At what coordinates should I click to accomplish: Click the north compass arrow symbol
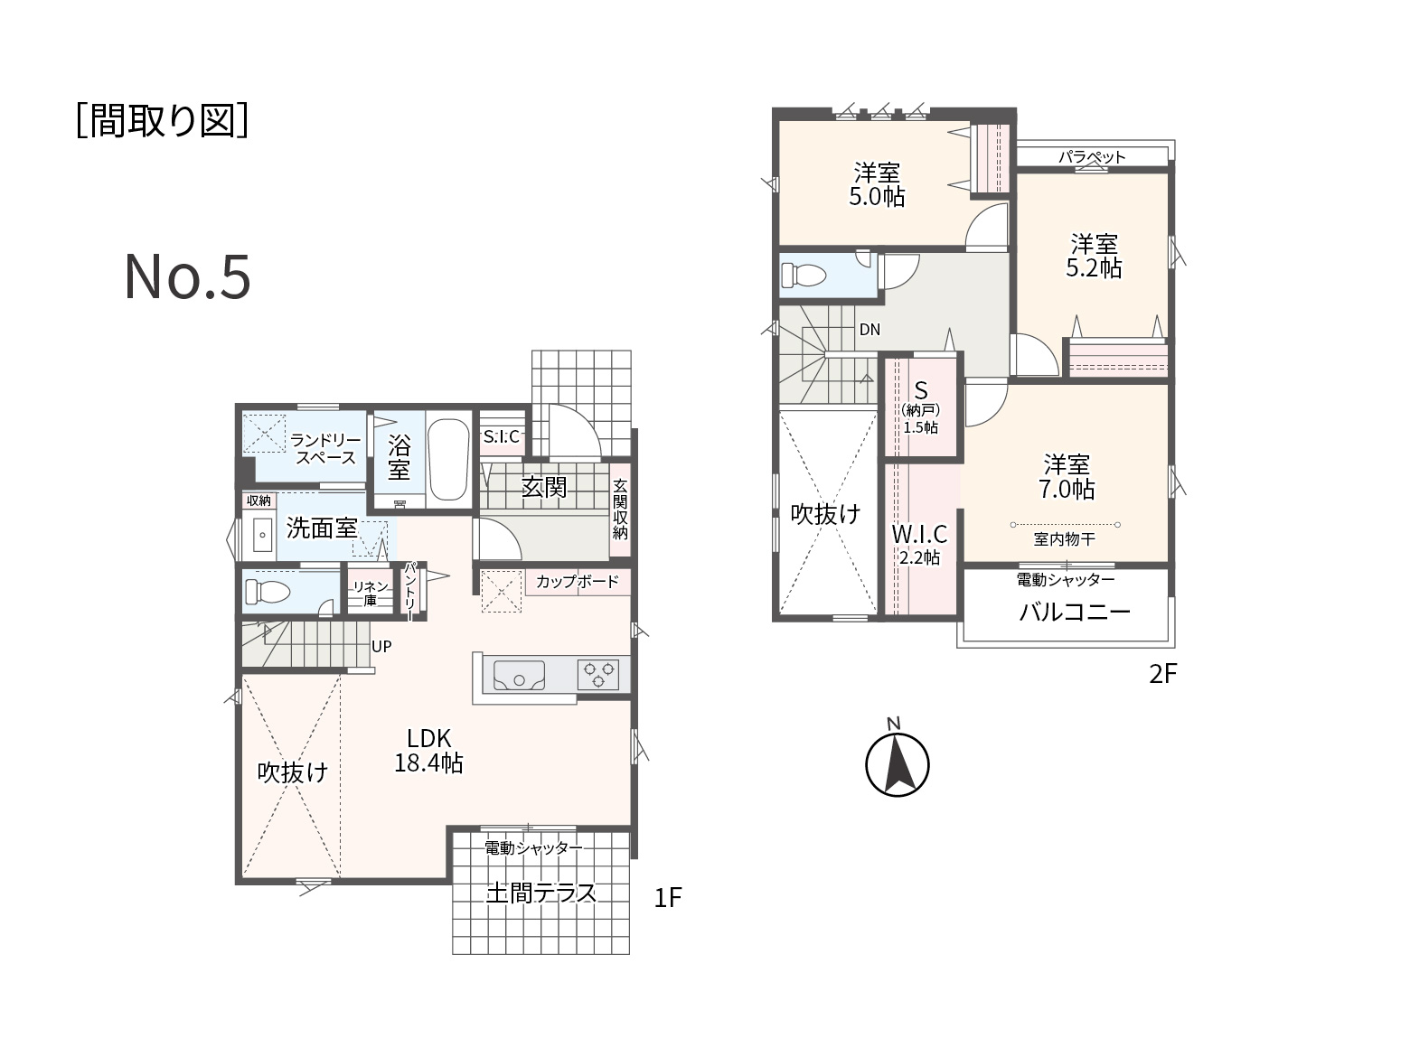pyautogui.click(x=897, y=764)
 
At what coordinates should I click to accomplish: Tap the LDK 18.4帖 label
pyautogui.click(x=428, y=750)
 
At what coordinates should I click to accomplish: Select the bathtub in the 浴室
pyautogui.click(x=447, y=459)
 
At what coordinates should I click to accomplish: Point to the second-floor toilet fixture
pyautogui.click(x=803, y=276)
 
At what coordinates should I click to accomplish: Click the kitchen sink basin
pyautogui.click(x=519, y=675)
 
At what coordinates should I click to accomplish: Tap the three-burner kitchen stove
pyautogui.click(x=598, y=675)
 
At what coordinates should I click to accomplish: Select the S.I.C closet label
pyautogui.click(x=501, y=437)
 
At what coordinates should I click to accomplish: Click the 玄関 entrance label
pyautogui.click(x=543, y=488)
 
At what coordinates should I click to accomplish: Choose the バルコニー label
pyautogui.click(x=1075, y=613)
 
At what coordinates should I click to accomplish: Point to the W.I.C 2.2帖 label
pyautogui.click(x=919, y=545)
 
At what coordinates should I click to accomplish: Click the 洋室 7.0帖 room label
pyautogui.click(x=1067, y=477)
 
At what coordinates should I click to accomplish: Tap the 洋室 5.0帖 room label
pyautogui.click(x=877, y=184)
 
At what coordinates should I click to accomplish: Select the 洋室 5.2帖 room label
pyautogui.click(x=1094, y=256)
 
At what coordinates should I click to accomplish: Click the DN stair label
pyautogui.click(x=869, y=330)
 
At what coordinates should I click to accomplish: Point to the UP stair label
pyautogui.click(x=381, y=646)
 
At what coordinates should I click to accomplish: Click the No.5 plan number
pyautogui.click(x=187, y=276)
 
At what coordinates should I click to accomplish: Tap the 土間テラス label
pyautogui.click(x=540, y=893)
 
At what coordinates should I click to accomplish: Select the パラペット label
pyautogui.click(x=1092, y=156)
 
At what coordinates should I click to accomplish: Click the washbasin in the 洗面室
pyautogui.click(x=261, y=535)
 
